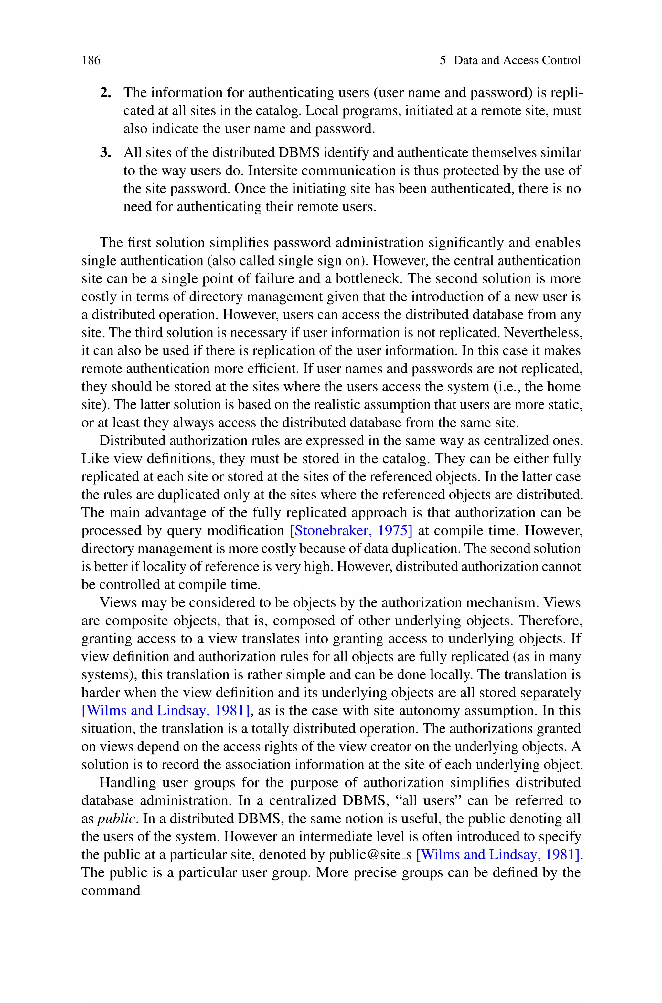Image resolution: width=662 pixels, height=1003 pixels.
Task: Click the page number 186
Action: pos(91,60)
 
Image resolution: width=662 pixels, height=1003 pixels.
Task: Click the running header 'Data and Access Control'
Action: pos(517,60)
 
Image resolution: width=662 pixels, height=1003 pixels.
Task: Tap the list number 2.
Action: pos(105,93)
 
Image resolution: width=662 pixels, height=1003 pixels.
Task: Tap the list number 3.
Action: pos(105,153)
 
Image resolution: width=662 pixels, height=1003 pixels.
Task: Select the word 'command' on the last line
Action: pos(111,890)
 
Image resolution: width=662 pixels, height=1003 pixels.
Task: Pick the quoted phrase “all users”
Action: pos(427,800)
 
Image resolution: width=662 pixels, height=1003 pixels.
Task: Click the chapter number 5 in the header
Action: pos(443,60)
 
